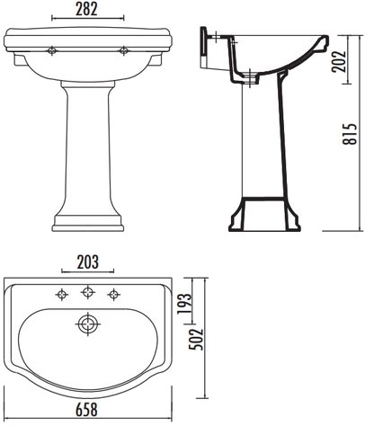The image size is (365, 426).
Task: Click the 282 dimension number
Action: [86, 9]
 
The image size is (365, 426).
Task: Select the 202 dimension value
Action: [339, 61]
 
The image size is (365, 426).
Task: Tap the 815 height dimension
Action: [351, 134]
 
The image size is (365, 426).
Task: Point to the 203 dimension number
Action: [87, 262]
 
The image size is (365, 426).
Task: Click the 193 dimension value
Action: [184, 303]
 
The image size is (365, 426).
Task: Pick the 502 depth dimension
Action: [196, 340]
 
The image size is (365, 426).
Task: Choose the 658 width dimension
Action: [86, 410]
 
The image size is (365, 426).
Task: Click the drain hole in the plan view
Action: [87, 324]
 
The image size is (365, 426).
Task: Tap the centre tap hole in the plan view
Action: [87, 291]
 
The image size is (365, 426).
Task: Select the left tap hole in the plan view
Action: [62, 295]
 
